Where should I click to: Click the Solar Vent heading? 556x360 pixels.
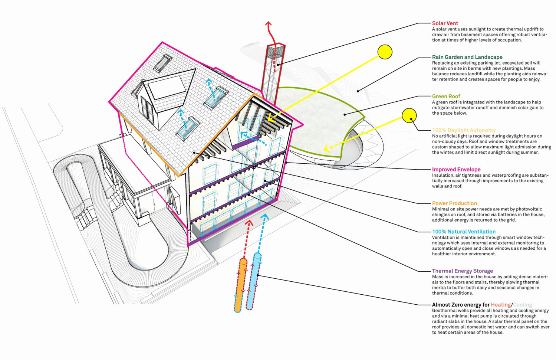(445, 23)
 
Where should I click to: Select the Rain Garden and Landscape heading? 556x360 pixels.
(467, 57)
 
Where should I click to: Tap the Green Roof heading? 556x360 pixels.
(446, 96)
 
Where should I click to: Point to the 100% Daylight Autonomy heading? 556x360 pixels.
(464, 130)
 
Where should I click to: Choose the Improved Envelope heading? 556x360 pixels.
(456, 170)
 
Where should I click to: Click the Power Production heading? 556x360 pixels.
(454, 203)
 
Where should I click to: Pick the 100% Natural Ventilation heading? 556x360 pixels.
(464, 232)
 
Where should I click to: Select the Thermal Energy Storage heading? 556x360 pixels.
(462, 271)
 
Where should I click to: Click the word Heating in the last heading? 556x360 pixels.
(501, 305)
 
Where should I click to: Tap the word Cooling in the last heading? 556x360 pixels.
(523, 305)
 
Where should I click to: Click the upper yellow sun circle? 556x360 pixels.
(385, 52)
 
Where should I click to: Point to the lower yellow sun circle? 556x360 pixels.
(409, 115)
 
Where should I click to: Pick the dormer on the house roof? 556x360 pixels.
(163, 93)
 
